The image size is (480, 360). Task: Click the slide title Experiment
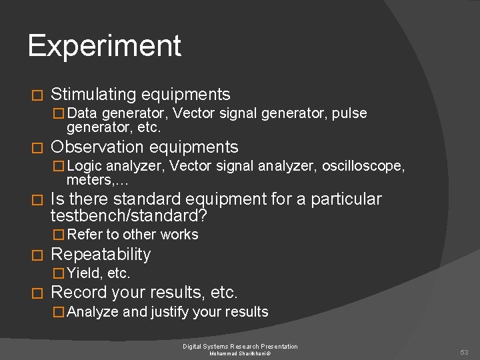tap(104, 45)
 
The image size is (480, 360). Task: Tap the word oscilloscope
tap(363, 166)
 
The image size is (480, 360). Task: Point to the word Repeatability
tap(101, 254)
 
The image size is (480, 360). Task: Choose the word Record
tap(77, 293)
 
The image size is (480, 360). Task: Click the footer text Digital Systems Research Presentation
tap(240, 346)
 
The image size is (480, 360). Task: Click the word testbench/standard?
tap(129, 216)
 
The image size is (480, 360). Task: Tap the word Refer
tap(85, 235)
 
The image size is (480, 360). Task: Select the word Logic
tap(84, 166)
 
